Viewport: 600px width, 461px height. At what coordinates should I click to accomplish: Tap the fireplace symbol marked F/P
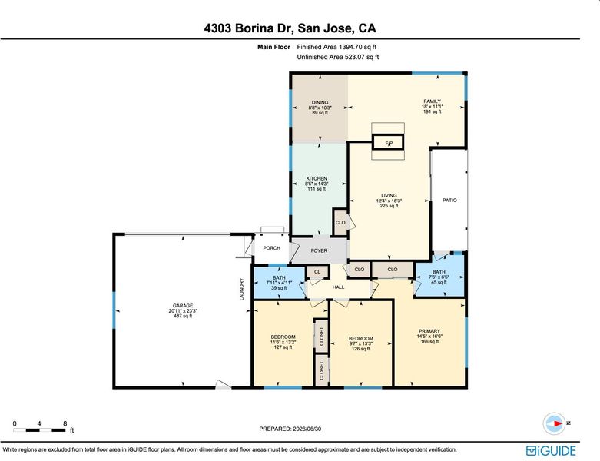coord(389,143)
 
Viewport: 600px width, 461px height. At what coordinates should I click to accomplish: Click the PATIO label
coord(449,200)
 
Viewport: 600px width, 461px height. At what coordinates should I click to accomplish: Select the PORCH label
coord(272,248)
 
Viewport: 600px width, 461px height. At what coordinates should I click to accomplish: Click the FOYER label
coord(319,250)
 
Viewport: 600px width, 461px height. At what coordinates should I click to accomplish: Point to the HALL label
coord(338,287)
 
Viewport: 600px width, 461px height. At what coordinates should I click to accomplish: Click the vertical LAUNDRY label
coord(242,289)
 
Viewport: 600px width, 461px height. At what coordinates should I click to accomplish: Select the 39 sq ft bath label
coord(279,283)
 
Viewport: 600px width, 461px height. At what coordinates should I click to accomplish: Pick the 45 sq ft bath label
coord(439,277)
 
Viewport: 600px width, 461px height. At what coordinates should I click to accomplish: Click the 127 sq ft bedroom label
coord(283,342)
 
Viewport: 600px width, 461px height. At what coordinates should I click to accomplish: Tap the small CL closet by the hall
coord(317,272)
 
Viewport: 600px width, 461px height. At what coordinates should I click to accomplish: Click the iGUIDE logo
coord(551,450)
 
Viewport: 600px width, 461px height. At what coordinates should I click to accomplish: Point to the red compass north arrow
coord(557,423)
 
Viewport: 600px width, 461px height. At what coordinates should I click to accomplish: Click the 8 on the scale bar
coord(65,423)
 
